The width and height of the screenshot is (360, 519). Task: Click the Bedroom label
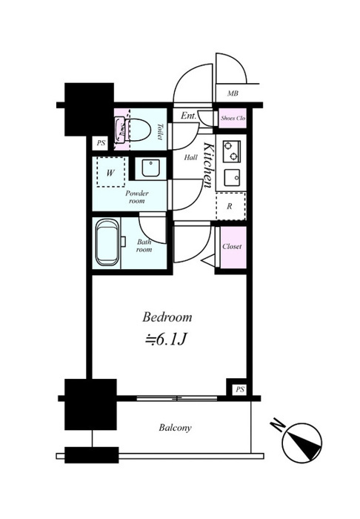pos(167,317)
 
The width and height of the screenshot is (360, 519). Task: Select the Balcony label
pos(175,428)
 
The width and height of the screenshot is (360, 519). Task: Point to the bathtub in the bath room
pos(107,242)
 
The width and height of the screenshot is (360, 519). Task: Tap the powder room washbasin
pos(151,168)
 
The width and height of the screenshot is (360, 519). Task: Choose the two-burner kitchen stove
pos(232,151)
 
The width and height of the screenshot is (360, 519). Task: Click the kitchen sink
pos(232,178)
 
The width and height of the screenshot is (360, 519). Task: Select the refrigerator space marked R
pos(231,206)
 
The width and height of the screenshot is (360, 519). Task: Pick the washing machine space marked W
pos(111,173)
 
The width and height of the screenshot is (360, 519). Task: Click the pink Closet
pos(233,247)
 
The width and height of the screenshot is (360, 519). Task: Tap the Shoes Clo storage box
pos(233,118)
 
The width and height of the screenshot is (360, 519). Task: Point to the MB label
pos(233,93)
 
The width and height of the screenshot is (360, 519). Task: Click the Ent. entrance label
pos(188,116)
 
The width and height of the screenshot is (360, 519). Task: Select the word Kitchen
pos(209,165)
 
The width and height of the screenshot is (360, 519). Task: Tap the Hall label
pos(191,157)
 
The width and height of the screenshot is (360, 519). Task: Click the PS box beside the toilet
pos(101,143)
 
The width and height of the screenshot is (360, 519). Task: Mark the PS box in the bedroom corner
pos(240,389)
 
